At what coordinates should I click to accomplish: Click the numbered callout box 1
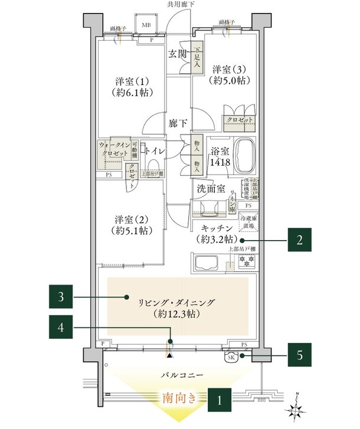point(219,399)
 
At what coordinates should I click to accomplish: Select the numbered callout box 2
point(299,240)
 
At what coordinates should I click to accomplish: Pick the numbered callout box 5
point(299,356)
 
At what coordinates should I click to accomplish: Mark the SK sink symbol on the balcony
point(230,356)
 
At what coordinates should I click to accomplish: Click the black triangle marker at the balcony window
point(171,355)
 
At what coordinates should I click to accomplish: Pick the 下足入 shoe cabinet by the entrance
point(198,57)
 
